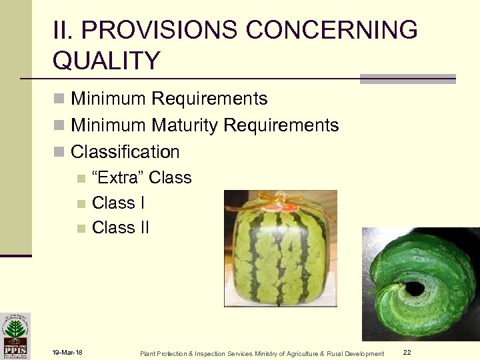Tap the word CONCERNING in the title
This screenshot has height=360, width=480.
333,31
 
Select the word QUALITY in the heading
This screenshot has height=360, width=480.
106,61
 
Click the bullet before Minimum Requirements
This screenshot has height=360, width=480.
59,100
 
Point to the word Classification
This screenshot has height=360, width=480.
125,152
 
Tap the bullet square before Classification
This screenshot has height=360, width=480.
59,153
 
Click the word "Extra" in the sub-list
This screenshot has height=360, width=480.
117,178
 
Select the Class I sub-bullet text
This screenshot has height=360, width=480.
118,203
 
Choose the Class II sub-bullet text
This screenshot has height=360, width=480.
120,227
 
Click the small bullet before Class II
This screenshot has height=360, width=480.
81,228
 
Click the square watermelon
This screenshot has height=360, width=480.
280,253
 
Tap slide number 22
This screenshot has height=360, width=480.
407,352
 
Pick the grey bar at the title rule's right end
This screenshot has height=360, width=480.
407,79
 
